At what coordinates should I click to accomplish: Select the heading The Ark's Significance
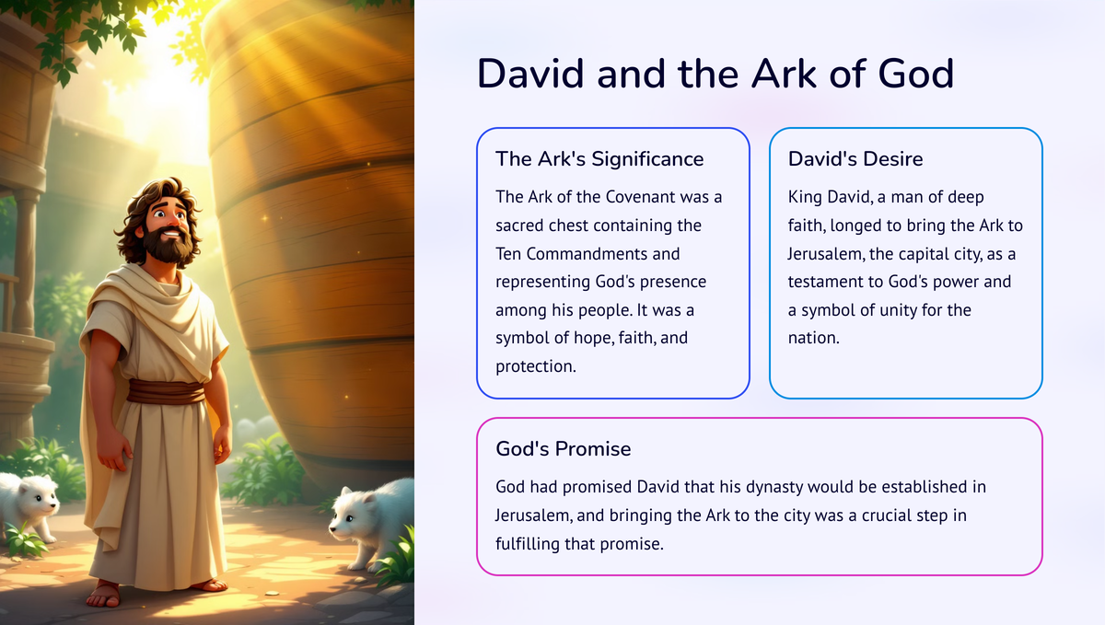599,159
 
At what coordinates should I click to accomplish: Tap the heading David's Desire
855,159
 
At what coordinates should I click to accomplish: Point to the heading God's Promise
564,449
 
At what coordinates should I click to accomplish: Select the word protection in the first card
534,366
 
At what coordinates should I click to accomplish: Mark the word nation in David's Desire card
813,338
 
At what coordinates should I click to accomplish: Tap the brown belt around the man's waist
166,392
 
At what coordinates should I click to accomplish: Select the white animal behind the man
28,503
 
